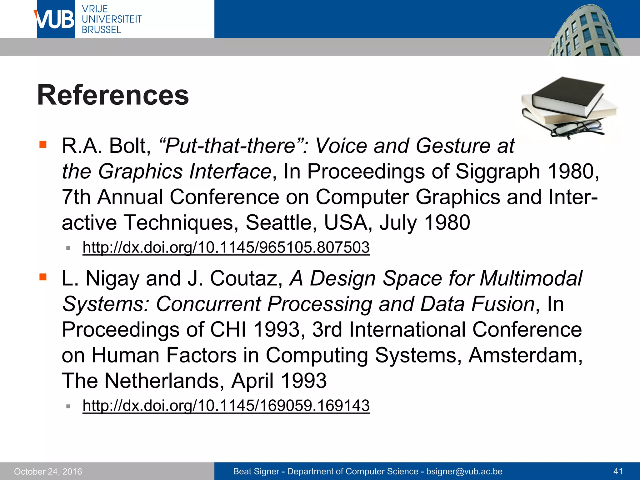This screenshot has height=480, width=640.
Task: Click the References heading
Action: coord(113,95)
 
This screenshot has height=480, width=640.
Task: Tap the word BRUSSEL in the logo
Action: coord(101,30)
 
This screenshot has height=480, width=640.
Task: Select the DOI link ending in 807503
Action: coord(226,247)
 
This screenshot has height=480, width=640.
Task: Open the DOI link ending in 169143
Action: coord(226,405)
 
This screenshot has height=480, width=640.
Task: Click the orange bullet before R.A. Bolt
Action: coord(43,144)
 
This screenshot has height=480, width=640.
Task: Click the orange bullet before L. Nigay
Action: coord(43,277)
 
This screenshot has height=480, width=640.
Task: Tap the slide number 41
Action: coord(618,471)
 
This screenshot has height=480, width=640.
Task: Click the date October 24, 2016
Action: coord(48,471)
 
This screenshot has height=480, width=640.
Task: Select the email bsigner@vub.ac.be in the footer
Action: coord(464,471)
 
